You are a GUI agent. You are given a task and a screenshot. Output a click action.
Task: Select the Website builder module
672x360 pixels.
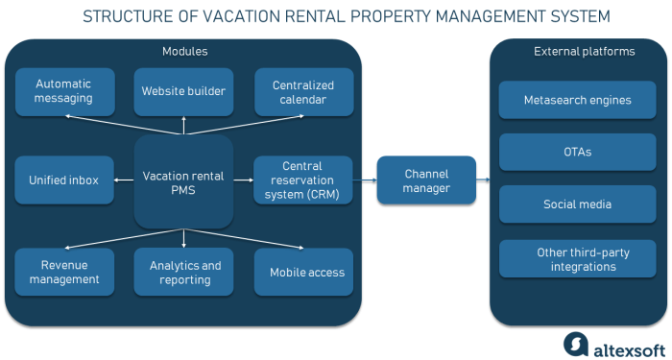tap(183, 91)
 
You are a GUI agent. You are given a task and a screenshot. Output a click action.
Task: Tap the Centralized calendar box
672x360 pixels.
tap(304, 92)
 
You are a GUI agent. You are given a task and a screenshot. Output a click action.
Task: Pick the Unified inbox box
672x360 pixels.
tap(63, 180)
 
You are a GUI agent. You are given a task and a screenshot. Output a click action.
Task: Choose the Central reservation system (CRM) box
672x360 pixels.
tap(303, 180)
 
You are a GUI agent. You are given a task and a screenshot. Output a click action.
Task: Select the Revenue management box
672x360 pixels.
tap(63, 272)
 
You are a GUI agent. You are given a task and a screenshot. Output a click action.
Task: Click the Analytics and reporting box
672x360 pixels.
tap(184, 272)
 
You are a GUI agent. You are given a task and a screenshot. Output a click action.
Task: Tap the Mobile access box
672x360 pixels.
tap(304, 272)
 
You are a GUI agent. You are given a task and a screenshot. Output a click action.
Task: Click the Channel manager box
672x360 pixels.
tap(426, 180)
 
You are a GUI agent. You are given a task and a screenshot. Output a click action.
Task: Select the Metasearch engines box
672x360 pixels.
tap(577, 100)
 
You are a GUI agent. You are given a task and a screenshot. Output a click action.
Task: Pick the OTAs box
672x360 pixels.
tap(577, 153)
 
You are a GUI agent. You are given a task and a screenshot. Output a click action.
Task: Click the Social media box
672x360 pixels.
tap(577, 204)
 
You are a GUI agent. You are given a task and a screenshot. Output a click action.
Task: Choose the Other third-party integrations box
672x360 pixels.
tap(577, 259)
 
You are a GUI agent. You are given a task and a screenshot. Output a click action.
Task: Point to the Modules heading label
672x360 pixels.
tap(184, 51)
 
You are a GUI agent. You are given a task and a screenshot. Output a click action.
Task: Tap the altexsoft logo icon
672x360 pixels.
tap(575, 344)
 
